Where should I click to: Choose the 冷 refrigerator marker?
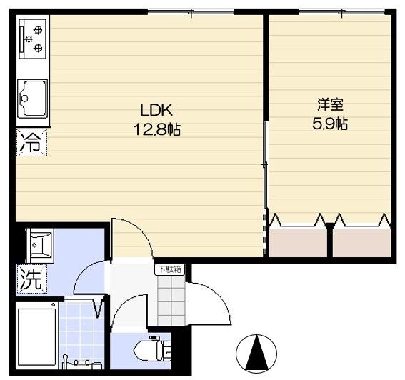pos(30,141)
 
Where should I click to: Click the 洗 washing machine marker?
pos(30,276)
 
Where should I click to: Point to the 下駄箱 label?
pos(170,269)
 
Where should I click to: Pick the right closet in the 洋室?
pos(361,240)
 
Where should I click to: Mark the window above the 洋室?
pos(339,11)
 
